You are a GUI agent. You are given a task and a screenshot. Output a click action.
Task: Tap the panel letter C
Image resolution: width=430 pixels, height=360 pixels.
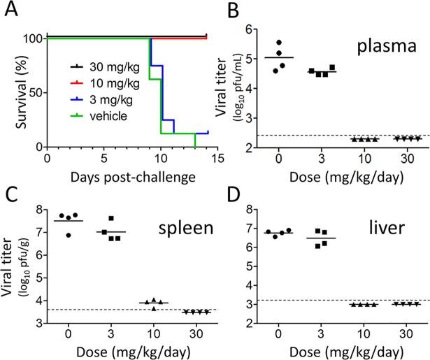click(13, 192)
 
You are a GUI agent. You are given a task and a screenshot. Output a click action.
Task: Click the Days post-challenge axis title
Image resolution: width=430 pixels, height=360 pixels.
click(127, 176)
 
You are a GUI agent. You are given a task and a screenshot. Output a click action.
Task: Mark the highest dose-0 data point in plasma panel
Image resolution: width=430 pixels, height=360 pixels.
click(299, 43)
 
